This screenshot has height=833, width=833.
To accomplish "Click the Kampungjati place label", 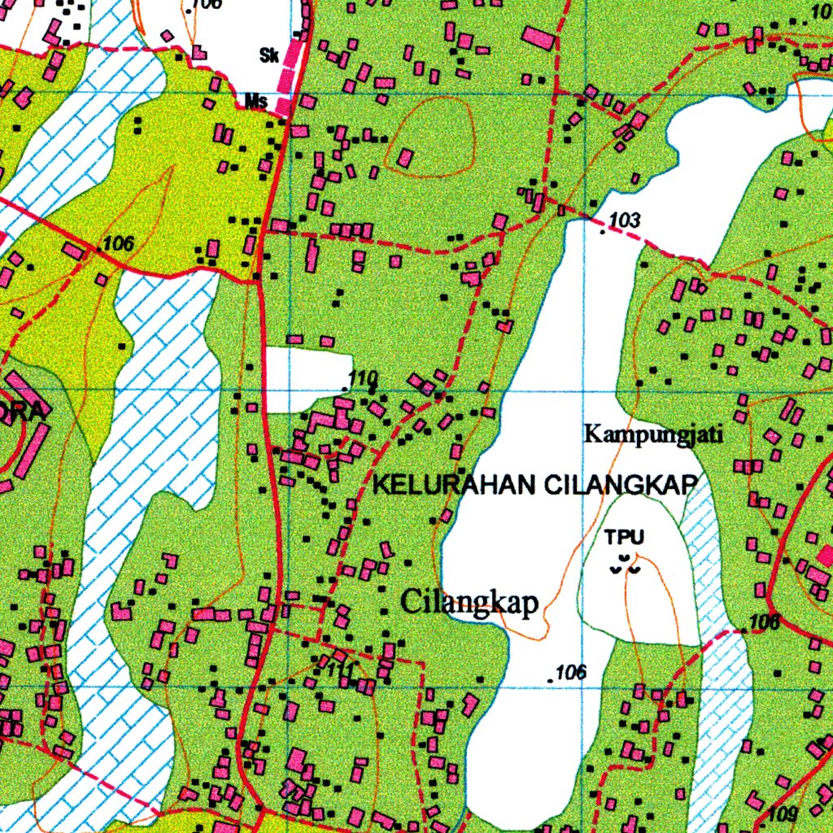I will click(x=654, y=434).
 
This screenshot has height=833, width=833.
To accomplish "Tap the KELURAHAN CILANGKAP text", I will click(x=535, y=485).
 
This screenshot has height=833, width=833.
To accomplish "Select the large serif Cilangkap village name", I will click(x=470, y=603).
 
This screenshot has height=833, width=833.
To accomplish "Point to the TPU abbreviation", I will click(x=624, y=537).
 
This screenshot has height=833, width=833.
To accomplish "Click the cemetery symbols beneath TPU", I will click(x=625, y=565).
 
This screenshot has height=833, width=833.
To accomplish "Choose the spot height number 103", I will click(x=624, y=220).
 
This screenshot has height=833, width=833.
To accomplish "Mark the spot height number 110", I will click(x=364, y=378).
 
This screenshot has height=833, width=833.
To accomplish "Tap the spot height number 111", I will click(x=341, y=670).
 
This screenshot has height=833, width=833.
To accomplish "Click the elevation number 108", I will click(x=765, y=623).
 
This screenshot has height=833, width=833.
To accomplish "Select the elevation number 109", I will click(x=782, y=813).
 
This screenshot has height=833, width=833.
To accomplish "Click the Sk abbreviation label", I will click(x=269, y=56).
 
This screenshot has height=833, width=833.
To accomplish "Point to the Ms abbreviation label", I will click(x=256, y=102).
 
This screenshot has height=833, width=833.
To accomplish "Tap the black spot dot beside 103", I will click(x=602, y=233).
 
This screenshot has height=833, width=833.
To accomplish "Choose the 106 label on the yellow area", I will click(x=119, y=242).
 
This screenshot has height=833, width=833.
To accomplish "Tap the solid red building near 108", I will click(x=826, y=556).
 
